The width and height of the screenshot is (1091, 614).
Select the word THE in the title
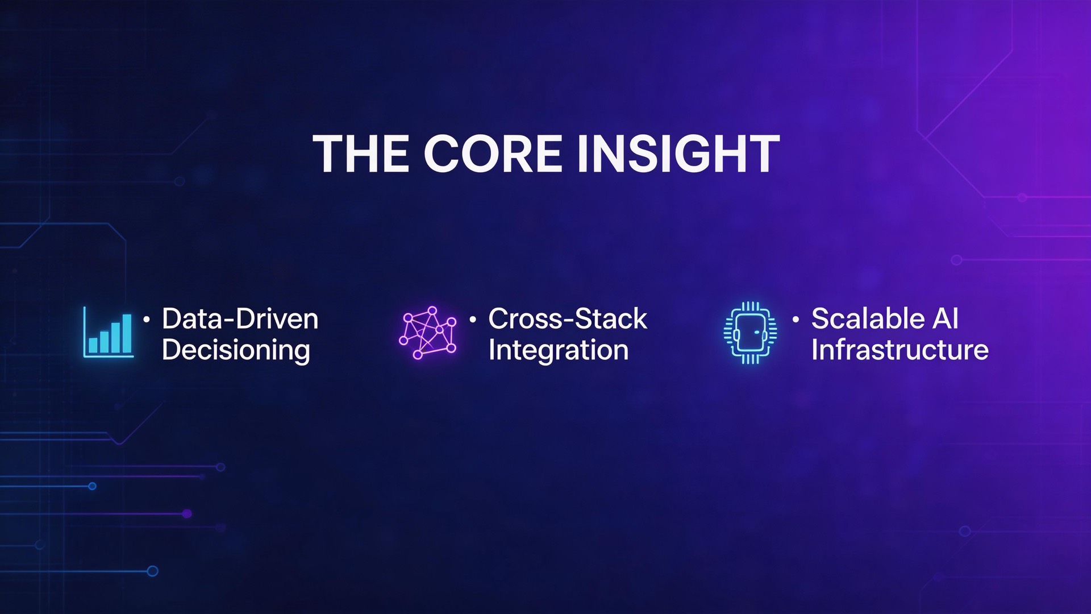click(361, 154)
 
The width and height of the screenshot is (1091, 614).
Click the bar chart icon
click(108, 333)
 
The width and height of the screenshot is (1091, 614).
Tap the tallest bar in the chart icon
click(127, 334)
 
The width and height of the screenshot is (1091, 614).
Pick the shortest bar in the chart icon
click(93, 345)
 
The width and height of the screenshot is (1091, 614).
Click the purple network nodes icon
click(428, 333)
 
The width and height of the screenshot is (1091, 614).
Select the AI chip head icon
click(750, 333)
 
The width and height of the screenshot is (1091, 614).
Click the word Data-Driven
click(240, 319)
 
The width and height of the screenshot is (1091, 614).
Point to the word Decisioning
click(236, 350)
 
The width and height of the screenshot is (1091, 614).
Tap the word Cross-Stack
click(567, 319)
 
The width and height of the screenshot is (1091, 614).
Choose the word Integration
click(558, 350)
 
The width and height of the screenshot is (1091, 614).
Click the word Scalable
click(868, 319)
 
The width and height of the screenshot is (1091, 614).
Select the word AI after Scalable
click(946, 319)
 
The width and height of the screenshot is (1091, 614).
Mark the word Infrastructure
click(900, 350)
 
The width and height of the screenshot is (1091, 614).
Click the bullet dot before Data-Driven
click(147, 320)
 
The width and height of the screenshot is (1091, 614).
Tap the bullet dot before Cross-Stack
click(473, 320)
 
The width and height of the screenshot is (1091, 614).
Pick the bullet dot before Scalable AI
click(796, 320)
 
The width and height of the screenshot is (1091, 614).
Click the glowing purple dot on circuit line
click(187, 514)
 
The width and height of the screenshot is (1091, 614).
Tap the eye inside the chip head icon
click(757, 332)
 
